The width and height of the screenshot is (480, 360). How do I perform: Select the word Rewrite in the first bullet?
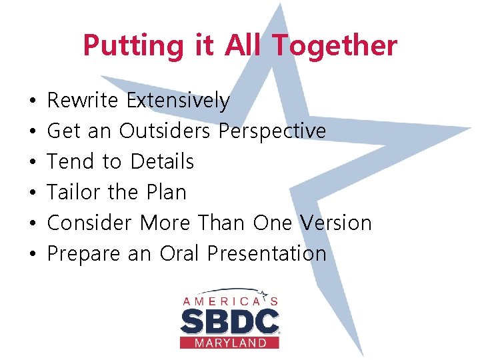(x=83, y=101)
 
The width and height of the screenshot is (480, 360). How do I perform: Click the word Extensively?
(x=178, y=101)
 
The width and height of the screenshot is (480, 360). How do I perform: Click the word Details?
(x=162, y=162)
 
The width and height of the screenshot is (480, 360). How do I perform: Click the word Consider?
(x=90, y=223)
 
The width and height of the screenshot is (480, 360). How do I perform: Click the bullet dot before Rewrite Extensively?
(x=33, y=101)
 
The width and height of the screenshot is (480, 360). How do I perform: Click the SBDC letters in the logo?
(x=229, y=322)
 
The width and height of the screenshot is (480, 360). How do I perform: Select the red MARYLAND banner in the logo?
(x=229, y=343)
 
